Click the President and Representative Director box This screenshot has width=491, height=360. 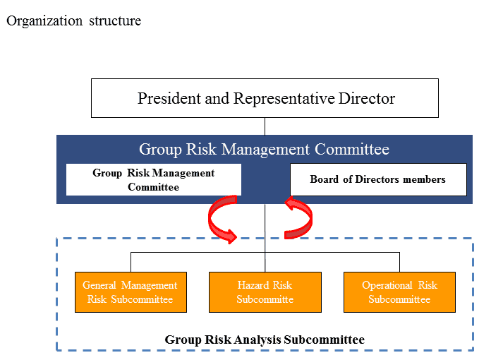point(265,98)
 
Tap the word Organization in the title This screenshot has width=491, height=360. point(44,21)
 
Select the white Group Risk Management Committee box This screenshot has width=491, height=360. point(154,179)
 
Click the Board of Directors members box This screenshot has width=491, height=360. point(378,179)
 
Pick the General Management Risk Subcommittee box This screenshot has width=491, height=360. point(131,292)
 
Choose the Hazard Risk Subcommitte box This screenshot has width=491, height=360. point(265,292)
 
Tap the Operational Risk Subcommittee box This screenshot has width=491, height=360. point(399,292)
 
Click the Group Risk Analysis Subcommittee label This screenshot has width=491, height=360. point(265,340)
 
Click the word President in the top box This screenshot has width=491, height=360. point(169,98)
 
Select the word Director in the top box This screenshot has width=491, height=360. point(367,98)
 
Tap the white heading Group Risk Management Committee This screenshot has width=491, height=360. point(264,149)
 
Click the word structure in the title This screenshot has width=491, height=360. point(115,21)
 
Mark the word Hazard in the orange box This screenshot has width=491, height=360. point(253,285)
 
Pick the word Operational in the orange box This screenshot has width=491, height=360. point(387,285)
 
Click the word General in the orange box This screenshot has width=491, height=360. point(99,285)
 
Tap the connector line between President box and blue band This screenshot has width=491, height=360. point(265,126)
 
